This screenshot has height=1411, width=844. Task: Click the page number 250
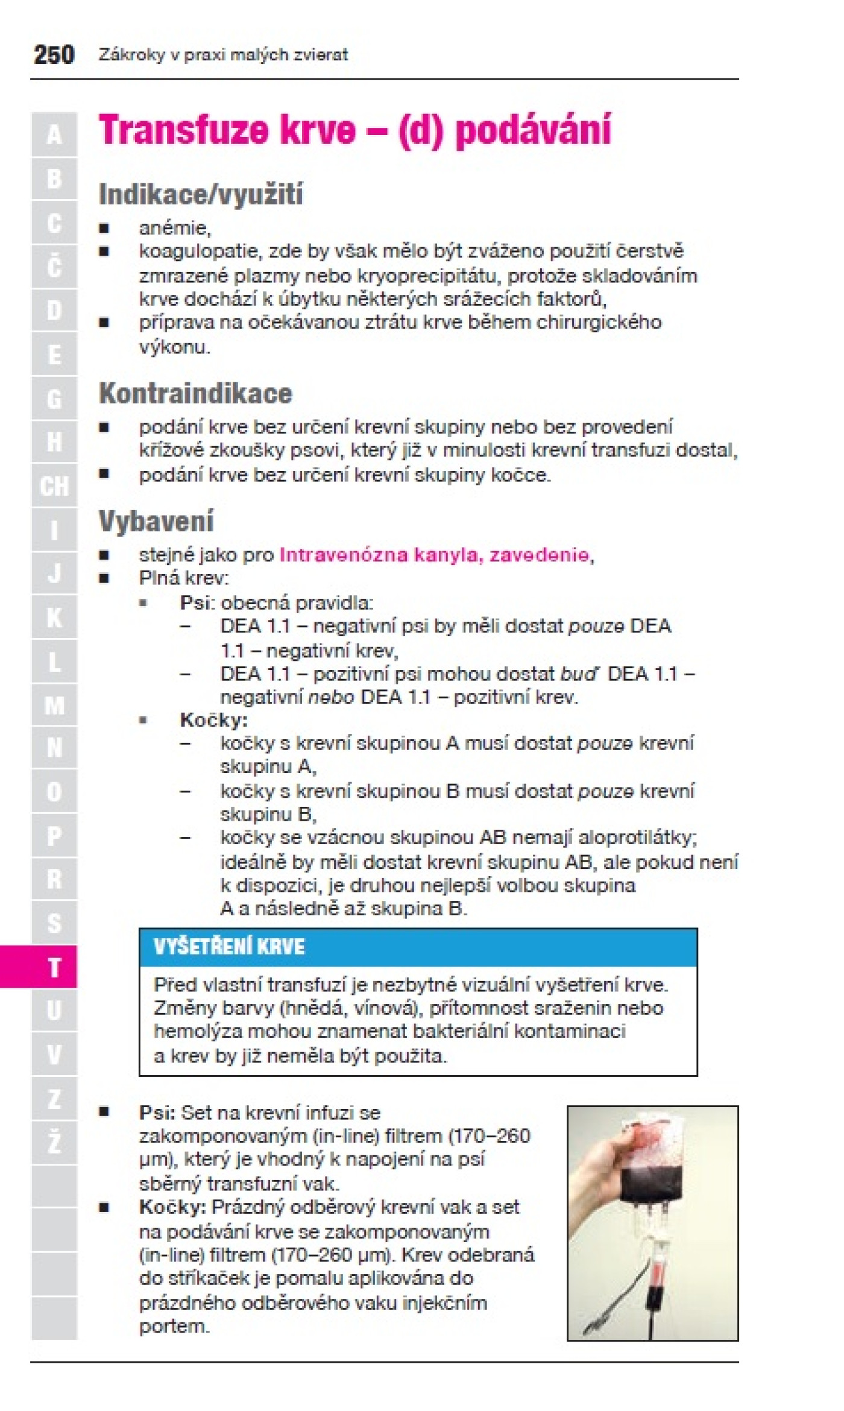54,55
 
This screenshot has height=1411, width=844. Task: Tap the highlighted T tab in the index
54,967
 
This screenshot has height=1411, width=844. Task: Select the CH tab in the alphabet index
54,486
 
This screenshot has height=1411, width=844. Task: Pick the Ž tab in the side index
54,1142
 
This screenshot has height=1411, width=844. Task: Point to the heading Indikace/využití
200,195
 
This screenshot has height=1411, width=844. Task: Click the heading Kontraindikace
195,394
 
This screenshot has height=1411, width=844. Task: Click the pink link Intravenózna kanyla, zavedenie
434,555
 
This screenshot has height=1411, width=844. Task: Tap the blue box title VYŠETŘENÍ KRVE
229,947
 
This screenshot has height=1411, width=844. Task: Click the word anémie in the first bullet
174,228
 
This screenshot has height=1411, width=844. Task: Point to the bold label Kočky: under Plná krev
213,720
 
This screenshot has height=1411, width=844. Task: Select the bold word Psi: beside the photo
157,1113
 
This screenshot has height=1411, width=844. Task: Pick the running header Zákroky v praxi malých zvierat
223,55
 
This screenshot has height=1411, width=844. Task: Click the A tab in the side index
54,134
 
